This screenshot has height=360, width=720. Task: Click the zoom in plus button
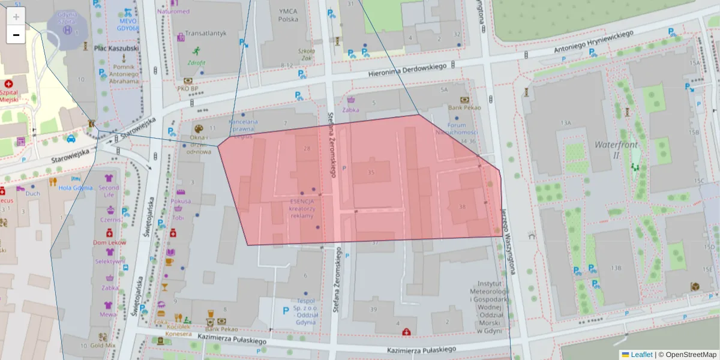pos(16,17)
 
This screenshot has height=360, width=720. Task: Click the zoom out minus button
pos(16,35)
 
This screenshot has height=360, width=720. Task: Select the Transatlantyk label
pos(206,34)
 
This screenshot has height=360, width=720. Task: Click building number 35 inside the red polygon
pos(371,173)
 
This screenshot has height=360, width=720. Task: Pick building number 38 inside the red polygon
pos(461,207)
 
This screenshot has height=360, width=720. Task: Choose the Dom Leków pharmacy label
pos(109,242)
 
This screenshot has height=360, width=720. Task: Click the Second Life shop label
pos(109,191)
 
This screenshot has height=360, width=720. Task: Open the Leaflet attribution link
pos(641,355)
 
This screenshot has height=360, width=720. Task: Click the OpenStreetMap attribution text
pos(688,355)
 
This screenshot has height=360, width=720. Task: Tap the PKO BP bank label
pos(187,88)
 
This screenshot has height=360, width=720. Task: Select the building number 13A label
pos(565,122)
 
